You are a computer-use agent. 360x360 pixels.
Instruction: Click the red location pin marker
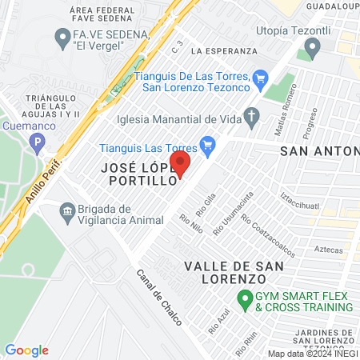tap(181, 166)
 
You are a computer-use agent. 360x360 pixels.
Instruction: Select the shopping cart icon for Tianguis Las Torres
tap(209, 145)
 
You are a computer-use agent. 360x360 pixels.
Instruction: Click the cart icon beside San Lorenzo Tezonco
tap(259, 78)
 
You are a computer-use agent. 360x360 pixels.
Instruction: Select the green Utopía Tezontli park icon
tap(305, 54)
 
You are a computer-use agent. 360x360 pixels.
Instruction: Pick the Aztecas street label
tap(328, 250)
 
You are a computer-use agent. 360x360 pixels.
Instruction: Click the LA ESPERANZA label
tap(225, 50)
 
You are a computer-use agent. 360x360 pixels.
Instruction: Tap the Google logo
tap(26, 350)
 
